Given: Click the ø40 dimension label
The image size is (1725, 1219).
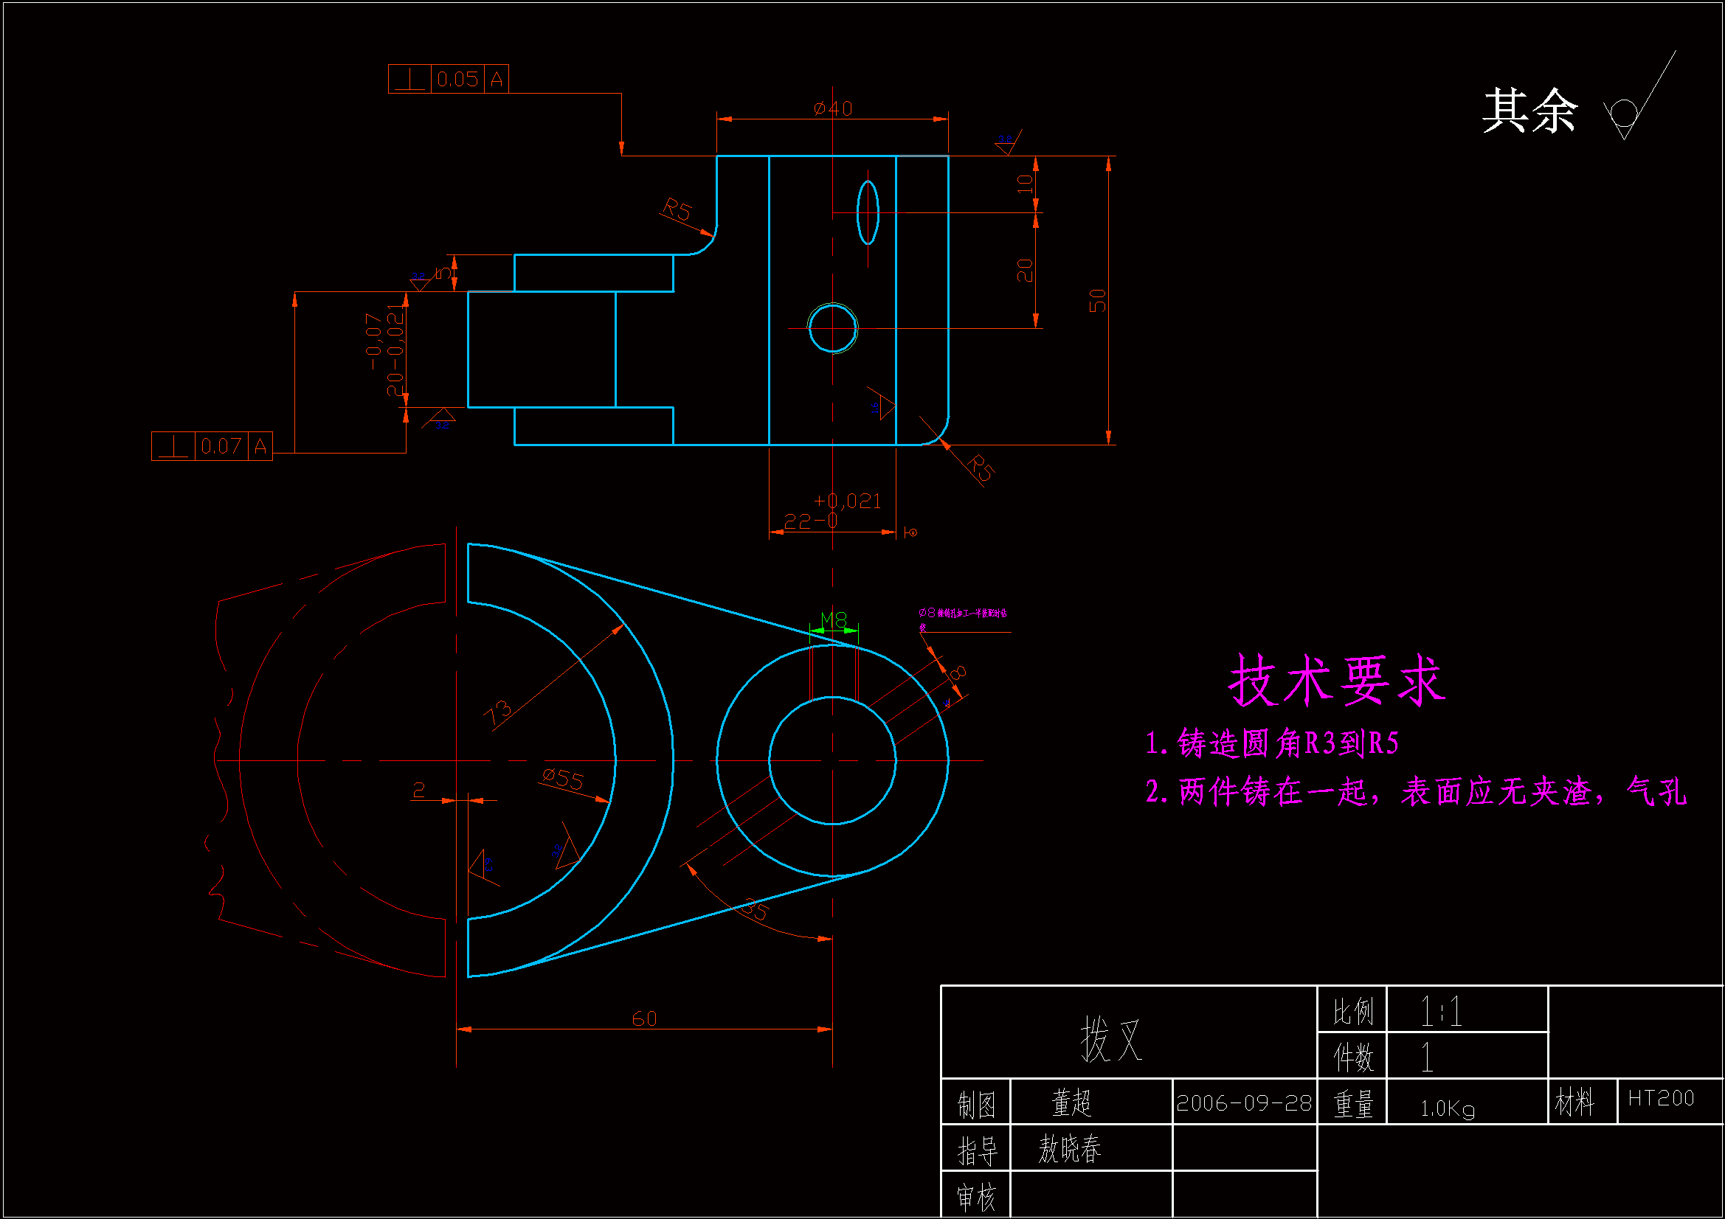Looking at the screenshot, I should (x=832, y=108).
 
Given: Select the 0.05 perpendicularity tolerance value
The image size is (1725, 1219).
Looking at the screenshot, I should (x=457, y=79).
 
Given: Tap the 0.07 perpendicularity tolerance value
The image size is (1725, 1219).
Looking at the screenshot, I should (x=221, y=446).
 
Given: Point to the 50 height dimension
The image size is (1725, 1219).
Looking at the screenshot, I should (x=1097, y=300).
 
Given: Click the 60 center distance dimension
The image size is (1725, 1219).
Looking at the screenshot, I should (x=644, y=1018).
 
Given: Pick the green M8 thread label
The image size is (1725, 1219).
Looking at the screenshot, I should (x=834, y=619).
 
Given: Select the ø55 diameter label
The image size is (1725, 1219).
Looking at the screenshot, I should (x=563, y=779).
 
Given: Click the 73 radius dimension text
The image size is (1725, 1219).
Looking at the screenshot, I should (x=497, y=713).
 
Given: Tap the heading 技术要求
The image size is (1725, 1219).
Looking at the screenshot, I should (x=1337, y=681).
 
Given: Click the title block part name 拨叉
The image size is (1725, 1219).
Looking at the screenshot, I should (x=1111, y=1040).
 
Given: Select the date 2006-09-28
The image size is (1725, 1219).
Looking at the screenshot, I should (x=1243, y=1103).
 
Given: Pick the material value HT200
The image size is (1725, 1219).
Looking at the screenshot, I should (x=1660, y=1099).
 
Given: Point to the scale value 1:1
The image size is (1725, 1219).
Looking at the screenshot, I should (x=1440, y=1012).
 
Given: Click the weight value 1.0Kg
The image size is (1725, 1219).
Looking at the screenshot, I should (x=1447, y=1108).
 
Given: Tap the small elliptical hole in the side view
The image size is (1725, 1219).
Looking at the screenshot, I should (x=868, y=212).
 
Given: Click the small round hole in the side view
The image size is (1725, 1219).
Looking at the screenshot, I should (x=832, y=328).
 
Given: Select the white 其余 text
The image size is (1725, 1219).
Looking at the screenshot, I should (x=1529, y=111).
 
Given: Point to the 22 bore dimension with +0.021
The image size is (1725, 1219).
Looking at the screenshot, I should (x=832, y=512).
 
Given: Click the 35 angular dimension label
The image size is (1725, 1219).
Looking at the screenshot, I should (x=755, y=909).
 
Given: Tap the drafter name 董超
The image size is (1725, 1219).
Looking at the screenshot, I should (x=1071, y=1102).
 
